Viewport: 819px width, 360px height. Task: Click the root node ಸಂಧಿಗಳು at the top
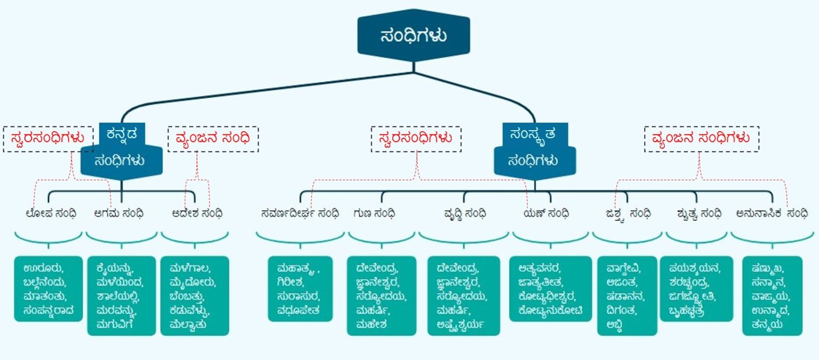[x=414, y=36]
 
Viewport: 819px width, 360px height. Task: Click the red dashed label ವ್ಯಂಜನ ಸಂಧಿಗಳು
[x=701, y=139]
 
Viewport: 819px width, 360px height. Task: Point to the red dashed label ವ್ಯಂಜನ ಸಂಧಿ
[x=213, y=139]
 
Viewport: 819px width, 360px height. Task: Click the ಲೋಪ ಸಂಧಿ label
[x=51, y=213]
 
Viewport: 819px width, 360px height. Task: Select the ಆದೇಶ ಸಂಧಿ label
[x=197, y=213]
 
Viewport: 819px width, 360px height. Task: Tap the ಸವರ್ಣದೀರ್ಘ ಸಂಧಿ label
[x=300, y=213]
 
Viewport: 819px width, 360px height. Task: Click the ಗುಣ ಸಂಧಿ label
[x=374, y=213]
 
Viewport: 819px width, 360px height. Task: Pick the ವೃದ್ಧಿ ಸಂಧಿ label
[x=464, y=213]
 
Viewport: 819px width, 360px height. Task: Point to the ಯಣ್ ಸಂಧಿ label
[x=546, y=213]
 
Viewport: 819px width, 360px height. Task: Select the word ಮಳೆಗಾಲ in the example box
[x=189, y=268]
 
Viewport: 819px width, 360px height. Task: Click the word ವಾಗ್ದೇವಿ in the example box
[x=623, y=268]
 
